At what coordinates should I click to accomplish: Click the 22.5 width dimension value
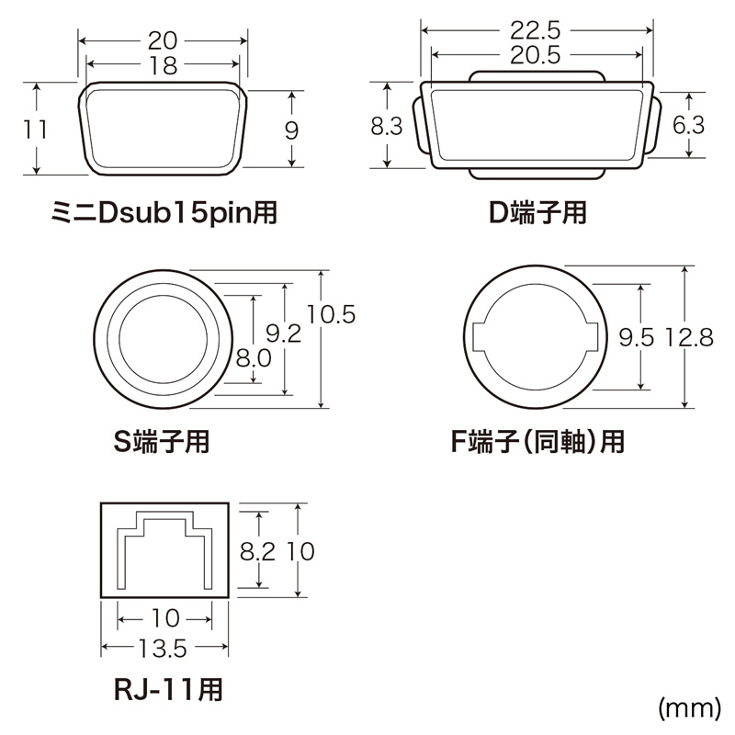[x=537, y=29]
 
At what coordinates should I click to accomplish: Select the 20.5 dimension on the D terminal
[x=537, y=55]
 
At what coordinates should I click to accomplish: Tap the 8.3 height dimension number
[x=387, y=127]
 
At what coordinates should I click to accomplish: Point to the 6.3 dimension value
[x=688, y=127]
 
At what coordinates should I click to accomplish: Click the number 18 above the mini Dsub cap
[x=164, y=63]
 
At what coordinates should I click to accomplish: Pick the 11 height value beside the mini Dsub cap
[x=36, y=129]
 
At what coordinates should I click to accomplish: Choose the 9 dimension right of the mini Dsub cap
[x=291, y=130]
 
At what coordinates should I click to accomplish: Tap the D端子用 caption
[x=537, y=214]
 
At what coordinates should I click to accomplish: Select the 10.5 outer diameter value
[x=331, y=314]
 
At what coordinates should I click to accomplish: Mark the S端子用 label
[x=161, y=442]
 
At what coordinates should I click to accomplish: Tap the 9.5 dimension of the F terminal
[x=636, y=338]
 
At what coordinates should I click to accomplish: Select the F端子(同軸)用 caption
[x=537, y=442]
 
